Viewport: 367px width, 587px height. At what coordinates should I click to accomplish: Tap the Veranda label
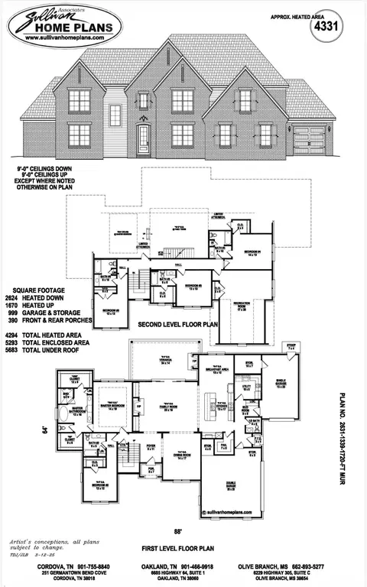tap(164, 362)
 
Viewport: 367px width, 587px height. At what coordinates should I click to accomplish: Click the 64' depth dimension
tap(45, 430)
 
